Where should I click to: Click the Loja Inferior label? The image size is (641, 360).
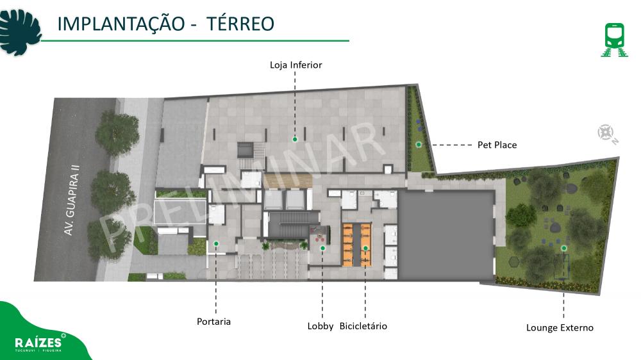296,65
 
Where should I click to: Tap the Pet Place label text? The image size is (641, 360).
497,145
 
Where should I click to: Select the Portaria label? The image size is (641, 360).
214,322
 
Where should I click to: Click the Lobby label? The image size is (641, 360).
320,326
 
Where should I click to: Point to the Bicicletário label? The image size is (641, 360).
363,326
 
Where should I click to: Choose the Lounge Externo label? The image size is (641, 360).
560,328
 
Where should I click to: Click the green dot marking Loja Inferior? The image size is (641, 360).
295,140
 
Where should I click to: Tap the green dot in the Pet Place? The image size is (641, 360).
419,145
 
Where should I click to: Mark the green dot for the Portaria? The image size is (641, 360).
216,243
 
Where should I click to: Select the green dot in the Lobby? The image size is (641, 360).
322,248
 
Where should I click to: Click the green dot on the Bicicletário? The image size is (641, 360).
365,248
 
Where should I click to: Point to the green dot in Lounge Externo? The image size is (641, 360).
563,248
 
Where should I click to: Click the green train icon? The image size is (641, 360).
615,40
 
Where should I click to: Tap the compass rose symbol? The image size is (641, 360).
606,133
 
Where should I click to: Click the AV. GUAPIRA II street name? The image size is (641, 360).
72,200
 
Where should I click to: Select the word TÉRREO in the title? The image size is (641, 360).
240,24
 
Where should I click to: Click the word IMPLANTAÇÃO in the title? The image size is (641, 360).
121,24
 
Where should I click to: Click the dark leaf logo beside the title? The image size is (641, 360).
20,32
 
